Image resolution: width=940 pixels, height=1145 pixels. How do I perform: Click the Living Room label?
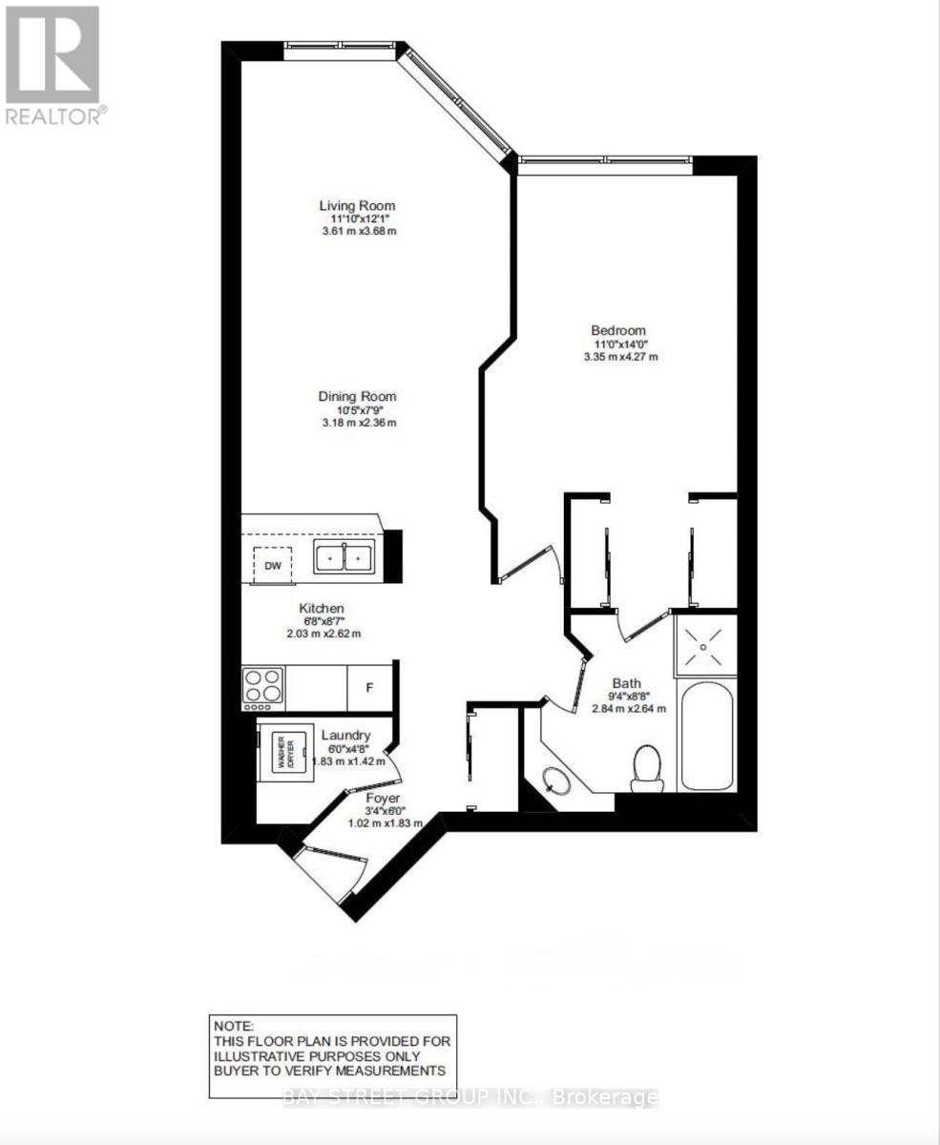[x=356, y=205]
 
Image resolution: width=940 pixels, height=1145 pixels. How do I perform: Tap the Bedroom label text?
[x=618, y=330]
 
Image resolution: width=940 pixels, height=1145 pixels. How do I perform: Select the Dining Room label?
[x=357, y=397]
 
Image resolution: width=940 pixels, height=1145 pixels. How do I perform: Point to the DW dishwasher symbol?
[x=273, y=565]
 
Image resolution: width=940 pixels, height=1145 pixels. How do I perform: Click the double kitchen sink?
[x=345, y=556]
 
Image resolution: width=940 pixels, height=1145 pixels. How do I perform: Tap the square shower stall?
[x=705, y=646]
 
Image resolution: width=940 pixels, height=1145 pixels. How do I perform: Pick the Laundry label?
[x=345, y=735]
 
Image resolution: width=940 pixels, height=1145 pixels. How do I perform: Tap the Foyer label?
[x=383, y=798]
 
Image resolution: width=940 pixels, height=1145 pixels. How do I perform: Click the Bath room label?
[x=627, y=683]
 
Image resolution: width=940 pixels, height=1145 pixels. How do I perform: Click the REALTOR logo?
[x=53, y=65]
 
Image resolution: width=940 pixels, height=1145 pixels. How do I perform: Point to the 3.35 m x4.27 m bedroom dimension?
[x=620, y=357]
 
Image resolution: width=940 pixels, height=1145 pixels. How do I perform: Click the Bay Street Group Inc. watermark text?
[x=470, y=1097]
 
